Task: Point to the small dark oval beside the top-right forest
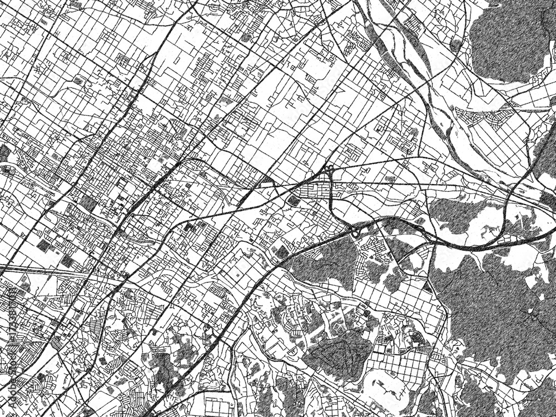456,44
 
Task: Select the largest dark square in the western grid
87,203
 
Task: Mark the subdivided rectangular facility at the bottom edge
222,406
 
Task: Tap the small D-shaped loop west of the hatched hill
292,353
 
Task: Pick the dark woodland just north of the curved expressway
456,214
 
